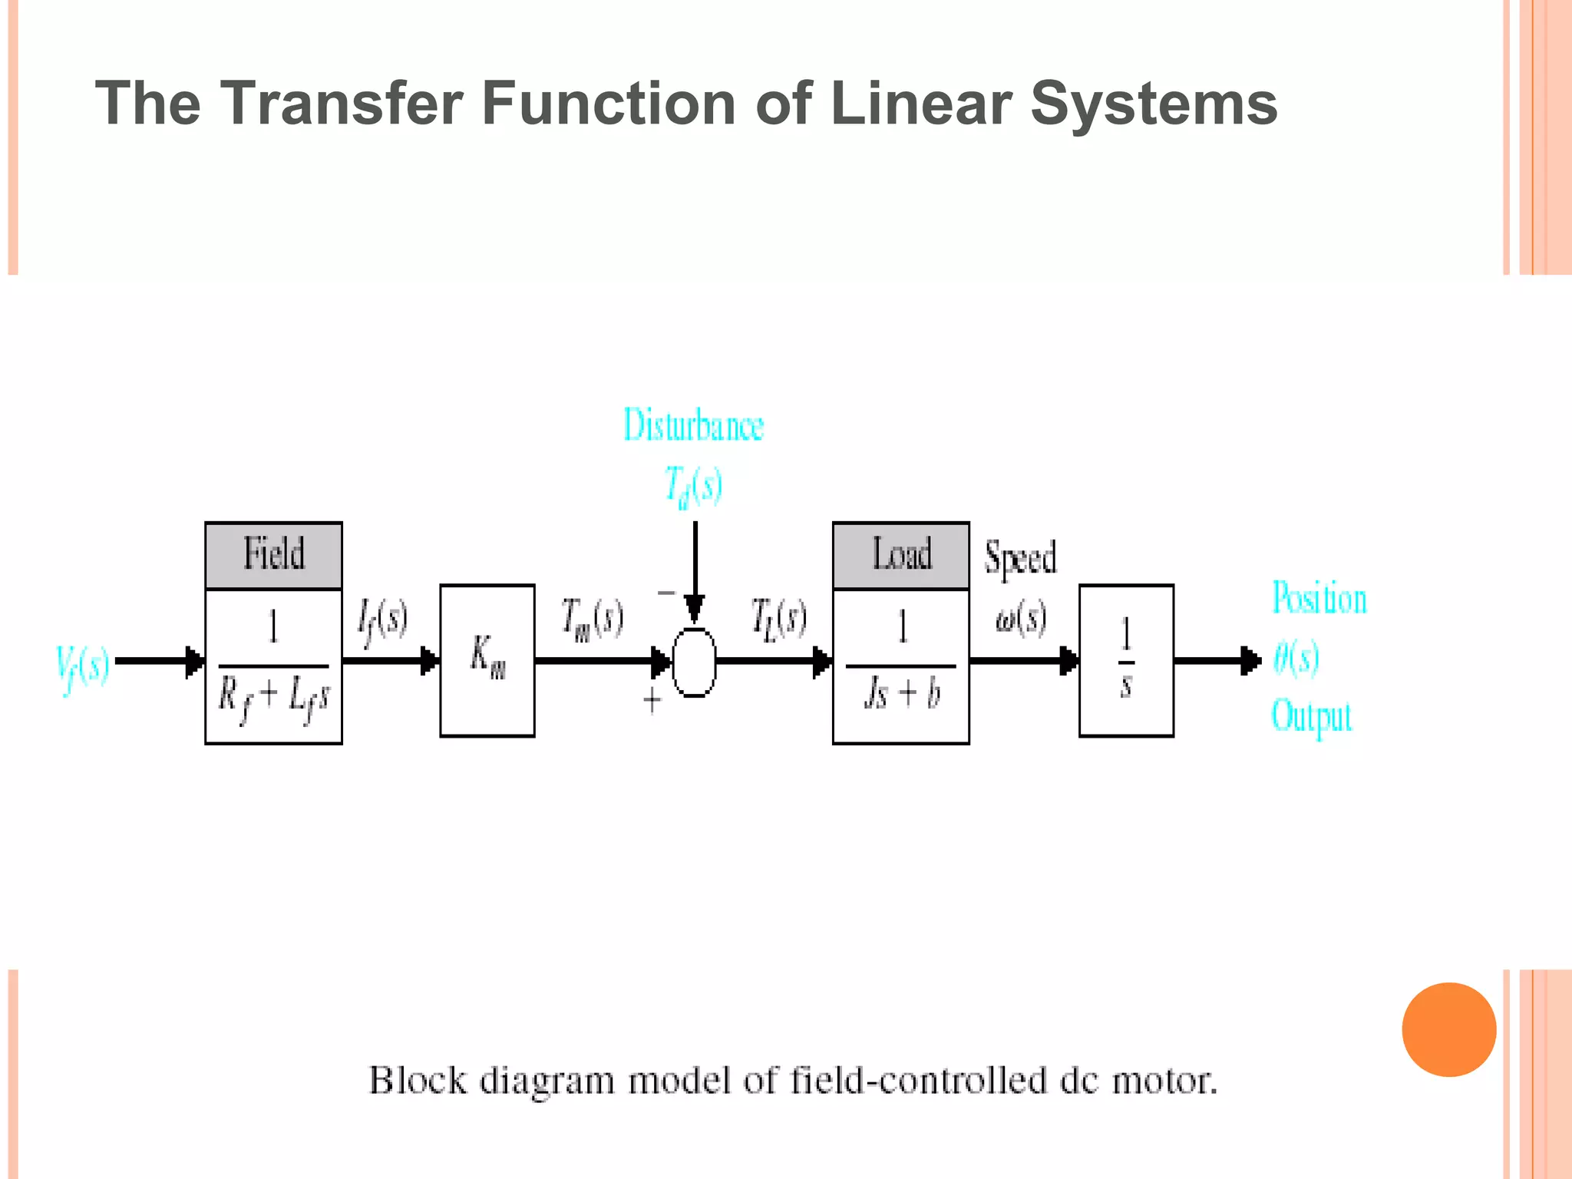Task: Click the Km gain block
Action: click(x=487, y=660)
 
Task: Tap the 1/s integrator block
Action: click(x=1126, y=660)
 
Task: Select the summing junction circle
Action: click(x=694, y=662)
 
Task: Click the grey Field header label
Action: click(x=274, y=555)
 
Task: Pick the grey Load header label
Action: click(x=901, y=555)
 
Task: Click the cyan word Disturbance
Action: click(x=693, y=425)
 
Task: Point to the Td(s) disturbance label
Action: click(x=693, y=486)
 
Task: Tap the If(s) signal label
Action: click(x=382, y=620)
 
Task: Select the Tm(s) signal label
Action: click(x=592, y=619)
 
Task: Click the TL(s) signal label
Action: click(x=778, y=619)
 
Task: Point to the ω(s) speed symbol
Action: click(x=1021, y=619)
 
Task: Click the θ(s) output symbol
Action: click(x=1296, y=658)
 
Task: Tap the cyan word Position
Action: click(x=1319, y=599)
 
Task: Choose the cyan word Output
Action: click(x=1312, y=717)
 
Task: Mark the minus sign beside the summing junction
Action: click(x=665, y=593)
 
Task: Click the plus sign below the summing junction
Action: click(x=652, y=700)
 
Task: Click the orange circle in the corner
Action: click(x=1448, y=1029)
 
